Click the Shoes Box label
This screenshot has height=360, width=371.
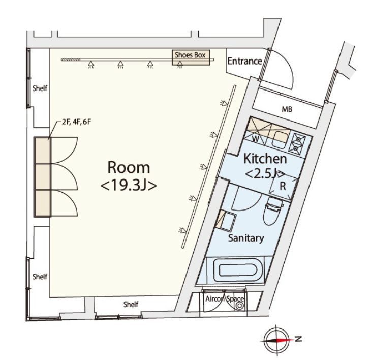pyautogui.click(x=192, y=55)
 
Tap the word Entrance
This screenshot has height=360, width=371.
pyautogui.click(x=244, y=61)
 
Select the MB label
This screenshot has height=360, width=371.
pyautogui.click(x=287, y=109)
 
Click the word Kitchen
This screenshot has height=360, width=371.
pyautogui.click(x=265, y=158)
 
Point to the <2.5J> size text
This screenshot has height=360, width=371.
pyautogui.click(x=264, y=174)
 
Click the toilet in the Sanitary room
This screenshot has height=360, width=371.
pyautogui.click(x=272, y=213)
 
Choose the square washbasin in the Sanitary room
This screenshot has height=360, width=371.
pyautogui.click(x=228, y=222)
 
